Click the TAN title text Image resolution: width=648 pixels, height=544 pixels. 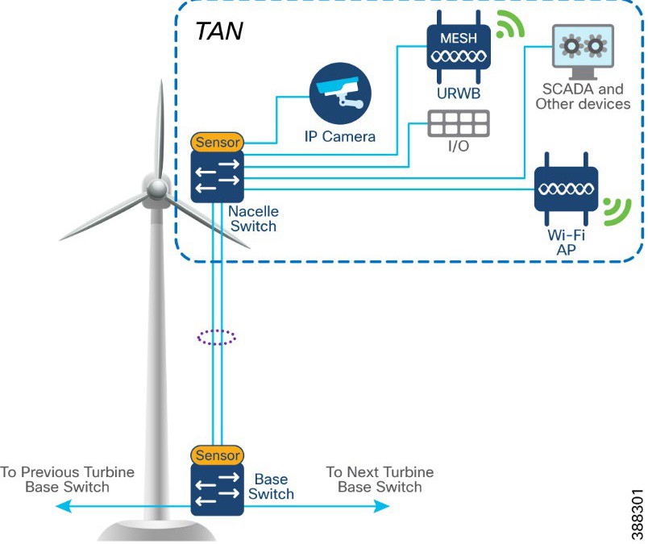tap(219, 32)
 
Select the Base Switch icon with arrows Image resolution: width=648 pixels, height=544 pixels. tap(217, 489)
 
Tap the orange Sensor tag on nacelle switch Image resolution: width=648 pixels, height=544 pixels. tap(217, 143)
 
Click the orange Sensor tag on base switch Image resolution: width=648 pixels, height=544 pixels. tap(217, 455)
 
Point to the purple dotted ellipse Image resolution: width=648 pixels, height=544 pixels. tap(217, 337)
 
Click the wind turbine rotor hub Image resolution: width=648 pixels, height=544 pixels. tap(156, 189)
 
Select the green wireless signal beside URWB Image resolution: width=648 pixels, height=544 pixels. tap(507, 26)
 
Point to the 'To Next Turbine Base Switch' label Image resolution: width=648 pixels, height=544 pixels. tap(380, 480)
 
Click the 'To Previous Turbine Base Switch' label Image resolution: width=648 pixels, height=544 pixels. tap(67, 480)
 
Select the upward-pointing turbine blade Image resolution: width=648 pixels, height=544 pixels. tap(160, 121)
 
